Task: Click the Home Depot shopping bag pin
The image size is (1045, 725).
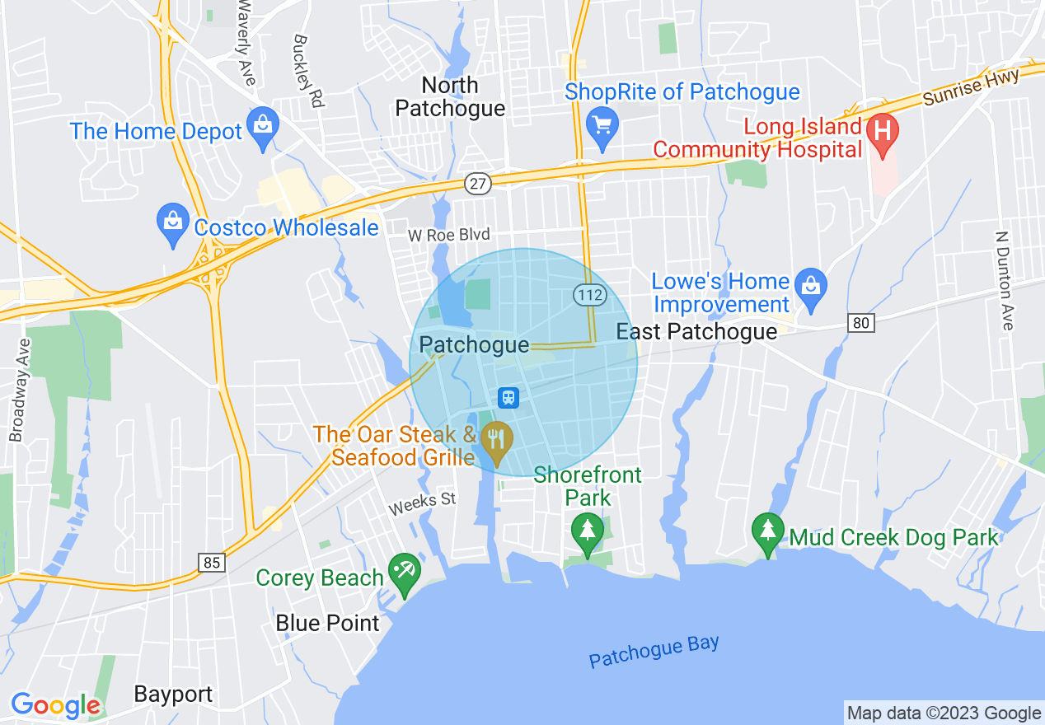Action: (x=263, y=126)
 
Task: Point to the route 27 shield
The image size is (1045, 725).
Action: (x=477, y=184)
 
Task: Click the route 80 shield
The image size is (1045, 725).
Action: (x=861, y=323)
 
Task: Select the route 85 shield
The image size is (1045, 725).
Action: (x=212, y=563)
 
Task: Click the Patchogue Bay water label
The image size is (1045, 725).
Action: (x=654, y=651)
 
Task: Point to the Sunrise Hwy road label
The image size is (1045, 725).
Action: (x=971, y=87)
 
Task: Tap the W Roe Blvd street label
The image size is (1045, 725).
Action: (x=449, y=236)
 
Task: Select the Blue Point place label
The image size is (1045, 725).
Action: (x=328, y=623)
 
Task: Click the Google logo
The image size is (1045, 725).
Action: (x=55, y=705)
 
